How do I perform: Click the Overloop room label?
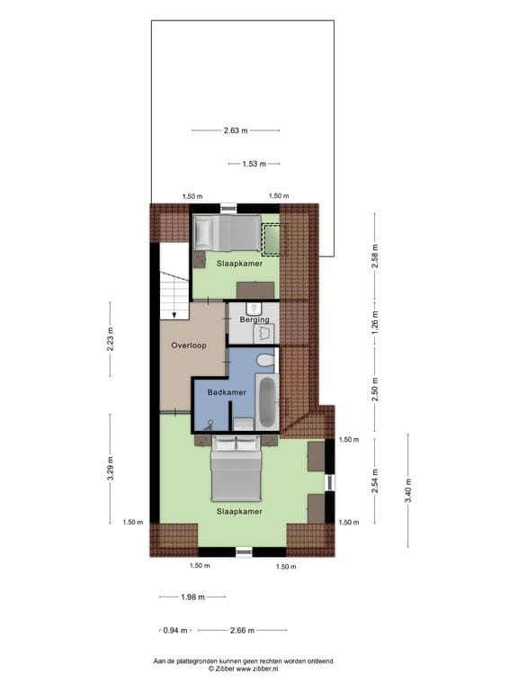[x=190, y=345]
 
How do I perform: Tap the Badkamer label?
[x=227, y=393]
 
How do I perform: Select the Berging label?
[x=255, y=319]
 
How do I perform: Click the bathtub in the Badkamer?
[x=267, y=404]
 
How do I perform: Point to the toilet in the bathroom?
[x=265, y=360]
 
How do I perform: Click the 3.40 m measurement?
[x=406, y=491]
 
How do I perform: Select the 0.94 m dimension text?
[x=175, y=630]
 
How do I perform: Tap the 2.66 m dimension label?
[x=242, y=630]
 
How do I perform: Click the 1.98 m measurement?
[x=192, y=597]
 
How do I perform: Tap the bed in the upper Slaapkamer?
[x=227, y=236]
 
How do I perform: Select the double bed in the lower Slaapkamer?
[x=236, y=472]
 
